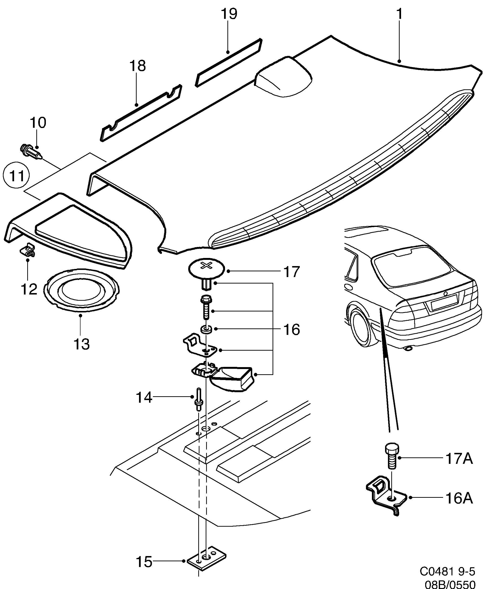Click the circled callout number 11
coord(16,176)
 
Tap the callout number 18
coord(137,66)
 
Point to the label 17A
coord(459,459)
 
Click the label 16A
coord(459,498)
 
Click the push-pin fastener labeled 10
coord(31,152)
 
